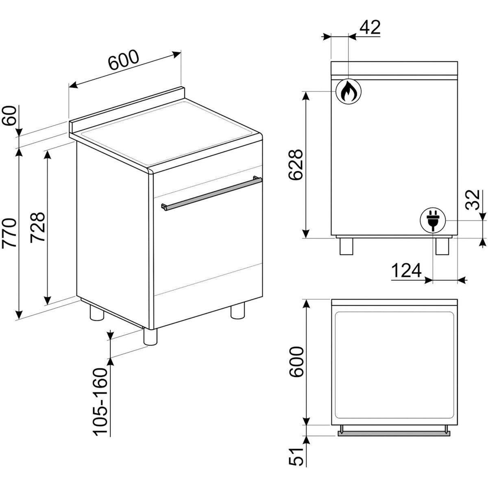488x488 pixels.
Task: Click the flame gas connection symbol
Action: pos(348,91)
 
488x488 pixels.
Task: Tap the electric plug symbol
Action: pos(433,220)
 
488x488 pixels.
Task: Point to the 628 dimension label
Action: pos(296,165)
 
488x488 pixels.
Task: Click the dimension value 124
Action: pos(406,270)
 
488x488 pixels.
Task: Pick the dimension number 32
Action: pos(473,200)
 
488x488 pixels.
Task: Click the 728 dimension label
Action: pos(37,227)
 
